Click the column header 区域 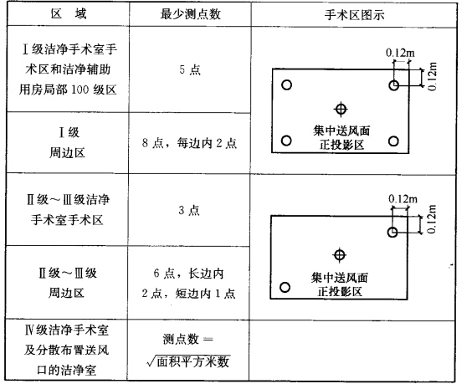pos(69,14)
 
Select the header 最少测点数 pos(190,14)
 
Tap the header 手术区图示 pos(354,15)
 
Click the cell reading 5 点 pos(190,69)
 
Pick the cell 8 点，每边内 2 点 pos(190,143)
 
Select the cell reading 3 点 pos(189,210)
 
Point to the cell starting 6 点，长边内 pos(189,283)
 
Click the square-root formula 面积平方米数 pos(189,361)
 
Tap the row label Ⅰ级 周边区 pos(68,143)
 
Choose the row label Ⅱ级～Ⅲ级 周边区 pos(68,283)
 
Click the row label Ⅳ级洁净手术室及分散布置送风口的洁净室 pos(66,350)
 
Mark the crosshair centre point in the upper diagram pos(341,109)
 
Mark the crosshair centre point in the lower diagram pos(339,255)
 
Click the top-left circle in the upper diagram pos(286,84)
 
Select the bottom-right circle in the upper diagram pos(393,141)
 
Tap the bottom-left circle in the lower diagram pos(285,287)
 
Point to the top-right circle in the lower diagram pos(392,232)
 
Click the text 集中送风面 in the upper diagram pos(341,131)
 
